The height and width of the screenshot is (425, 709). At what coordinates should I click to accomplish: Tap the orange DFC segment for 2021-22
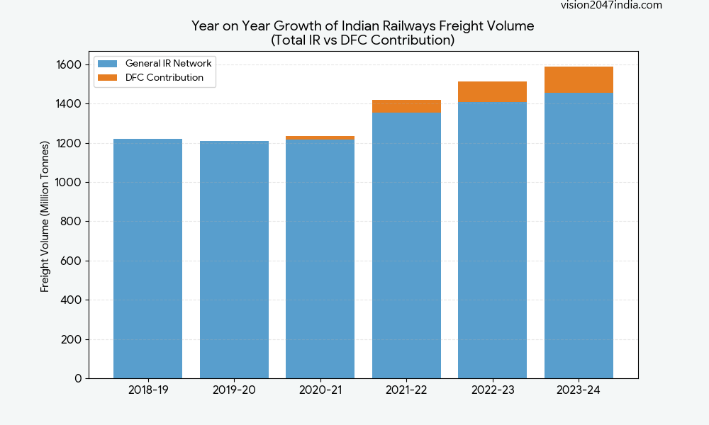pos(406,106)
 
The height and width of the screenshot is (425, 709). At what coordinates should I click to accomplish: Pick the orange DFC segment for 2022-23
pos(492,91)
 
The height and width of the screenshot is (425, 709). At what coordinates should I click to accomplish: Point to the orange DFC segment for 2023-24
pos(579,80)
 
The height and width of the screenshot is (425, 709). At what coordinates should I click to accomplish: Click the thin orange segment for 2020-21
pos(320,138)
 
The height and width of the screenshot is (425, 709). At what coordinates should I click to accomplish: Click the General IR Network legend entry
pos(168,63)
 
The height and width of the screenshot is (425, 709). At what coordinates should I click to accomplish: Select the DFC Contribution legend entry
pos(164,78)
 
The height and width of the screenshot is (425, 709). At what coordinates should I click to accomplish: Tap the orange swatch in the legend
pos(107,78)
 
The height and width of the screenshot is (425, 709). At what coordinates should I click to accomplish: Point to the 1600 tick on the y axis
pos(69,65)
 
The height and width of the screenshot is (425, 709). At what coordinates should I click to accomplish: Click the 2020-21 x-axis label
pos(320,390)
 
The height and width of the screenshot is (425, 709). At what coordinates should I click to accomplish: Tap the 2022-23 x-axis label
pos(492,390)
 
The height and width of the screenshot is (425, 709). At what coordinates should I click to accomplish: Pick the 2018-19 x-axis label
pos(147,390)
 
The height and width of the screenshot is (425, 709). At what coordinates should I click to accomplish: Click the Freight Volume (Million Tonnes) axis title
pos(45,216)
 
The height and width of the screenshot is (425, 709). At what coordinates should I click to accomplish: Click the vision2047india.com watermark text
pos(611,5)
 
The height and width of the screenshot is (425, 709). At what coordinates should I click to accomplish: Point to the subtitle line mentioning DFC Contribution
pos(362,40)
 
